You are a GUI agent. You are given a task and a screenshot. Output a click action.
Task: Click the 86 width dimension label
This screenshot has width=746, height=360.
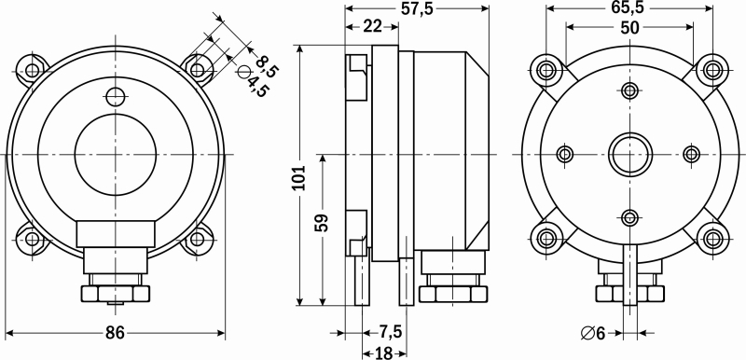(115, 333)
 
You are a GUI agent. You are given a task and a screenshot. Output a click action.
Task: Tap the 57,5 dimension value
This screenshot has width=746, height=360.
(417, 8)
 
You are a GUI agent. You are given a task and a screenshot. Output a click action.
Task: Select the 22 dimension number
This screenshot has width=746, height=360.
(372, 27)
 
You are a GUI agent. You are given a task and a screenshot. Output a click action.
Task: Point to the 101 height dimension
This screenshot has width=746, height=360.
(299, 177)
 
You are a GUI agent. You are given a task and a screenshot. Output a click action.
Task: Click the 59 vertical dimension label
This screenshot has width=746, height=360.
(322, 223)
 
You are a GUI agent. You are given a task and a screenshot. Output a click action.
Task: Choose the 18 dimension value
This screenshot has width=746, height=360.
(383, 353)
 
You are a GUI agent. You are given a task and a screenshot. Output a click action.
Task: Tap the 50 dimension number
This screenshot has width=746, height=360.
(629, 28)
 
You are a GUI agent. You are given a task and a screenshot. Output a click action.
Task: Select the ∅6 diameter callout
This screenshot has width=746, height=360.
(593, 333)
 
